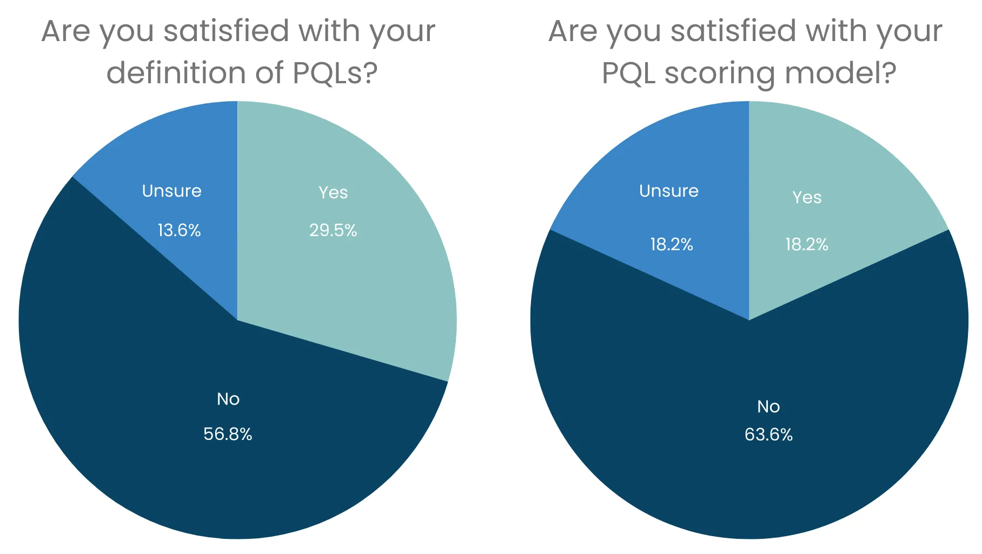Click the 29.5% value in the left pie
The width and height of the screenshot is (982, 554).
tap(333, 230)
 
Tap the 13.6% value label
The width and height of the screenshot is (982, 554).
tap(179, 230)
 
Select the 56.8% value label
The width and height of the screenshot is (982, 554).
tap(228, 434)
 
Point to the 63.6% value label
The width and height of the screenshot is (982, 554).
tap(768, 435)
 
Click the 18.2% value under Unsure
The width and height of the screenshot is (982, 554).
tap(671, 244)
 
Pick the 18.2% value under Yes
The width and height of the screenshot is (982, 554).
tap(806, 244)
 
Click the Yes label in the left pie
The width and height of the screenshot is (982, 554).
tap(333, 192)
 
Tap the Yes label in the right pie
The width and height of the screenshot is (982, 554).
tap(807, 197)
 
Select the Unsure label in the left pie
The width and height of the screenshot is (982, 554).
tap(171, 191)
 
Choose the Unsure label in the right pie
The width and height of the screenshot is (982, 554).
tap(669, 191)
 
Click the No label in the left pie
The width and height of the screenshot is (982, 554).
tap(228, 399)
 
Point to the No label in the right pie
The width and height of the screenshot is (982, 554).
tap(768, 406)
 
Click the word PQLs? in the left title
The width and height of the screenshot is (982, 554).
tap(335, 73)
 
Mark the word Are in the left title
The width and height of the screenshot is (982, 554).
tap(65, 31)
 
